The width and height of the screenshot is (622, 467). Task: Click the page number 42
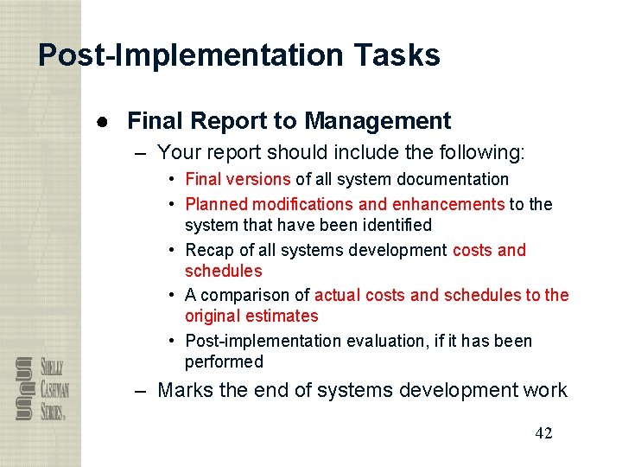click(543, 433)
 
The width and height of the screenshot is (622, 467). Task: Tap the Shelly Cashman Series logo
click(41, 389)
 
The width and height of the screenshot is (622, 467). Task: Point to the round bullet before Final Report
click(101, 122)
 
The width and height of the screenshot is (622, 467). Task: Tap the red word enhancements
click(448, 205)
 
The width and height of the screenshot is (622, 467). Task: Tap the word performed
click(224, 362)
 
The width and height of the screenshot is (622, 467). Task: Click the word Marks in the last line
click(186, 390)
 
